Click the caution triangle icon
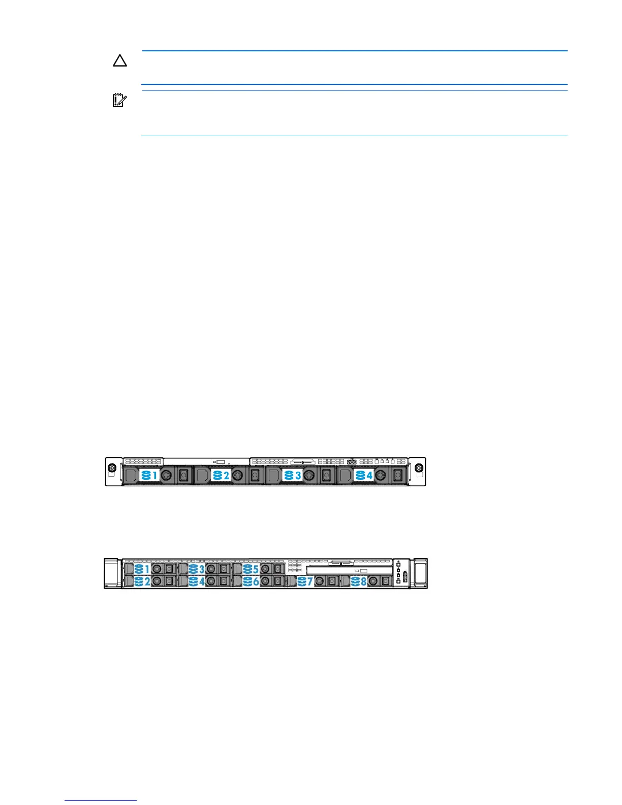[x=120, y=61]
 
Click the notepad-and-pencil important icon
[x=119, y=101]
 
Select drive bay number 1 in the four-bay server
[x=149, y=476]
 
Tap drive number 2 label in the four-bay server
[x=221, y=476]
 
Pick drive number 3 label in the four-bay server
[x=293, y=476]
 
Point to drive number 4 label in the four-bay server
[x=364, y=476]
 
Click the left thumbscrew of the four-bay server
[x=112, y=468]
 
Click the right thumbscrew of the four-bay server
[x=419, y=468]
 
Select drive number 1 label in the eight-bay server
[x=142, y=569]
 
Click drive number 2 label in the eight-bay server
[x=142, y=581]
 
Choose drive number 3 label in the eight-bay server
[x=197, y=569]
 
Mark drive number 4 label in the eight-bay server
[x=197, y=581]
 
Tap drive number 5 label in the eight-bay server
[x=251, y=569]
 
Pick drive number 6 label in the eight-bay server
[x=251, y=581]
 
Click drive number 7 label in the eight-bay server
[x=305, y=581]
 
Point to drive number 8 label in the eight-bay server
[x=360, y=581]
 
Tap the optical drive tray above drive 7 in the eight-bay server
[x=350, y=571]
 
